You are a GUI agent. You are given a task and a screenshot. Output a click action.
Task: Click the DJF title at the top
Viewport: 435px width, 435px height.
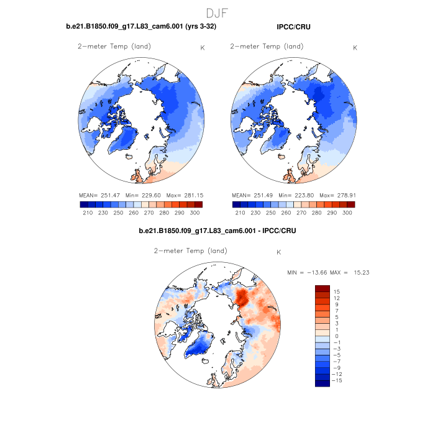217,12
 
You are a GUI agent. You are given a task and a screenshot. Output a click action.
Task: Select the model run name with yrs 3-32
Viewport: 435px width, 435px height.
141,27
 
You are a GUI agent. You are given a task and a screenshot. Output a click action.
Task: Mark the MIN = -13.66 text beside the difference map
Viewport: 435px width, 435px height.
307,272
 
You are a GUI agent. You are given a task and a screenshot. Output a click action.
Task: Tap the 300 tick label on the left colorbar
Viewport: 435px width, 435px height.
195,213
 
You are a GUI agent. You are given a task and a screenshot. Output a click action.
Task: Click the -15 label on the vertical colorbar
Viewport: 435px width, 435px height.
336,380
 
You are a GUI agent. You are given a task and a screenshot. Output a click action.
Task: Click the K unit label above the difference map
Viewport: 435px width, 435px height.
278,252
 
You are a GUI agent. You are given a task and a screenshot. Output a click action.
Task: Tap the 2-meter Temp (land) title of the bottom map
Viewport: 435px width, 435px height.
190,251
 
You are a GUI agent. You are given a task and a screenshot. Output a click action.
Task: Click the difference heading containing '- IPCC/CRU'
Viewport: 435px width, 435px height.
217,231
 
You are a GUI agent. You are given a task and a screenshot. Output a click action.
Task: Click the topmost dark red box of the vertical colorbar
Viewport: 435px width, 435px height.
322,288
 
